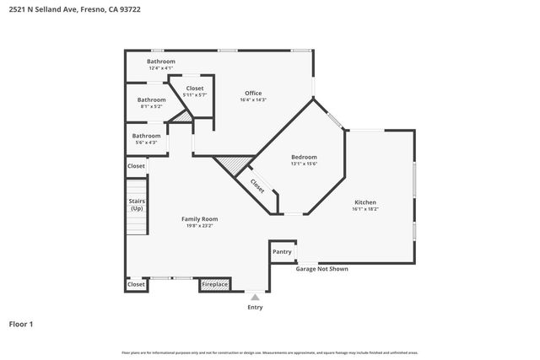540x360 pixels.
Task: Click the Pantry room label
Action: click(x=282, y=251)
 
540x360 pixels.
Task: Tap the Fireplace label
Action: click(x=214, y=285)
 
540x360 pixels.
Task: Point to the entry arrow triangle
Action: click(x=255, y=298)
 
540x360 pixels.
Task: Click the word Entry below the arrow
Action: click(x=255, y=307)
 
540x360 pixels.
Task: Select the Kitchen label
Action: click(x=365, y=202)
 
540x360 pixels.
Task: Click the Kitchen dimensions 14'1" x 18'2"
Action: click(x=365, y=209)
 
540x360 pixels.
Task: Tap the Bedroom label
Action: click(x=304, y=157)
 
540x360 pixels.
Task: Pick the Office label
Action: click(x=253, y=93)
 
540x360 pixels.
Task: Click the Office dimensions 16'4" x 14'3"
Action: click(x=253, y=100)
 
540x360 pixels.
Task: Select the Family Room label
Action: click(x=200, y=218)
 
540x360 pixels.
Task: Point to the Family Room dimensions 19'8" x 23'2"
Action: click(x=200, y=226)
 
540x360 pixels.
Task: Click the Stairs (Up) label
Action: click(x=137, y=205)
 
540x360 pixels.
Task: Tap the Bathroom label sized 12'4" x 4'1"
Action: click(x=160, y=62)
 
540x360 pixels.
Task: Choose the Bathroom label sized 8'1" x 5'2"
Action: click(x=152, y=99)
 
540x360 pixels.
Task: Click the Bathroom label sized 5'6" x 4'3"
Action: click(x=146, y=136)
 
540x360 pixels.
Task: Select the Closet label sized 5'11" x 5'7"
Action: click(x=195, y=88)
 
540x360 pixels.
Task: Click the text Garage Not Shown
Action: click(x=321, y=269)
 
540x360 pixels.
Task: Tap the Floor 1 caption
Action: click(x=21, y=324)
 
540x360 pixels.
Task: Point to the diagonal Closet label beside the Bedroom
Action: click(x=256, y=185)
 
